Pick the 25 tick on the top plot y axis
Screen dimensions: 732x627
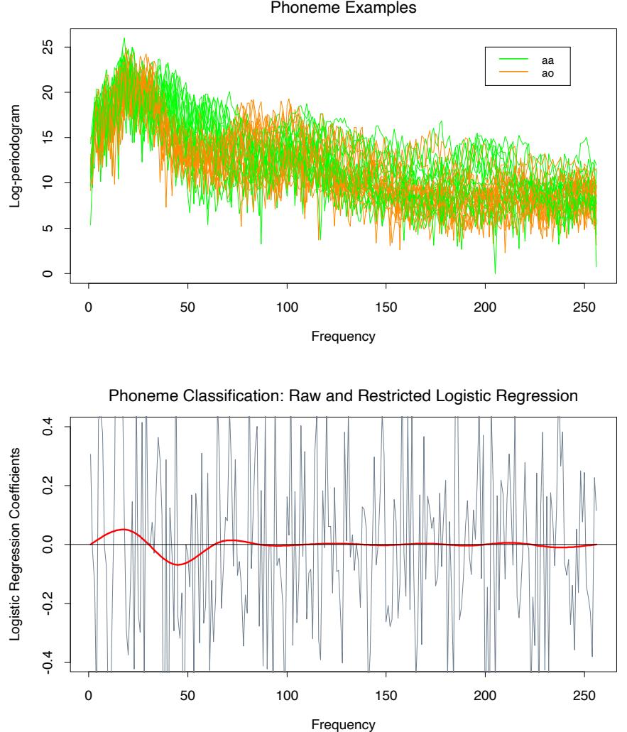click(x=49, y=47)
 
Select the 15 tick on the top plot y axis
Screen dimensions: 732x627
click(x=49, y=138)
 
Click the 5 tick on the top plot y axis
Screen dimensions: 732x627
click(x=49, y=229)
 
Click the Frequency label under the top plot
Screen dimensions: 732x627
click(x=341, y=337)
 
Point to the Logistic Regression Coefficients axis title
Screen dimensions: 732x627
click(x=15, y=544)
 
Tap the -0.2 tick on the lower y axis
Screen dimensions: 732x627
click(x=49, y=603)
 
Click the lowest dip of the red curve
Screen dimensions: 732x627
click(x=178, y=564)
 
